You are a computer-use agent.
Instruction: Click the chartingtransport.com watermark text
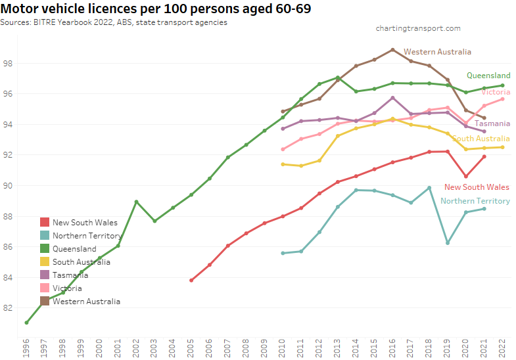[418, 28]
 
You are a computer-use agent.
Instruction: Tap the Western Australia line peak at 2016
[392, 49]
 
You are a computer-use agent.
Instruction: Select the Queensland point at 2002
[136, 202]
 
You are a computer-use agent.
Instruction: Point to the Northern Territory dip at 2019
[448, 243]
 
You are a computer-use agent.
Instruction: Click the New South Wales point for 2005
[191, 280]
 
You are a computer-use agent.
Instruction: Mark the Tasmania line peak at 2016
[392, 98]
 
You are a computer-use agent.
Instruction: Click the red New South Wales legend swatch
[45, 223]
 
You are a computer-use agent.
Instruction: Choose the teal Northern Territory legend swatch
[45, 236]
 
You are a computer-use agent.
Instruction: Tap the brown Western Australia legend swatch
[45, 302]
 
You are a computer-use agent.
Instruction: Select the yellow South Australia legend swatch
[45, 262]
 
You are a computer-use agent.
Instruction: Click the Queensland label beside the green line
[488, 76]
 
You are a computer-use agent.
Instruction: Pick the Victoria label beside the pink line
[496, 92]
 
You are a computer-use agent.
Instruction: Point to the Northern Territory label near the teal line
[475, 201]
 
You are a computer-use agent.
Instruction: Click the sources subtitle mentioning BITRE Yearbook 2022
[114, 22]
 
